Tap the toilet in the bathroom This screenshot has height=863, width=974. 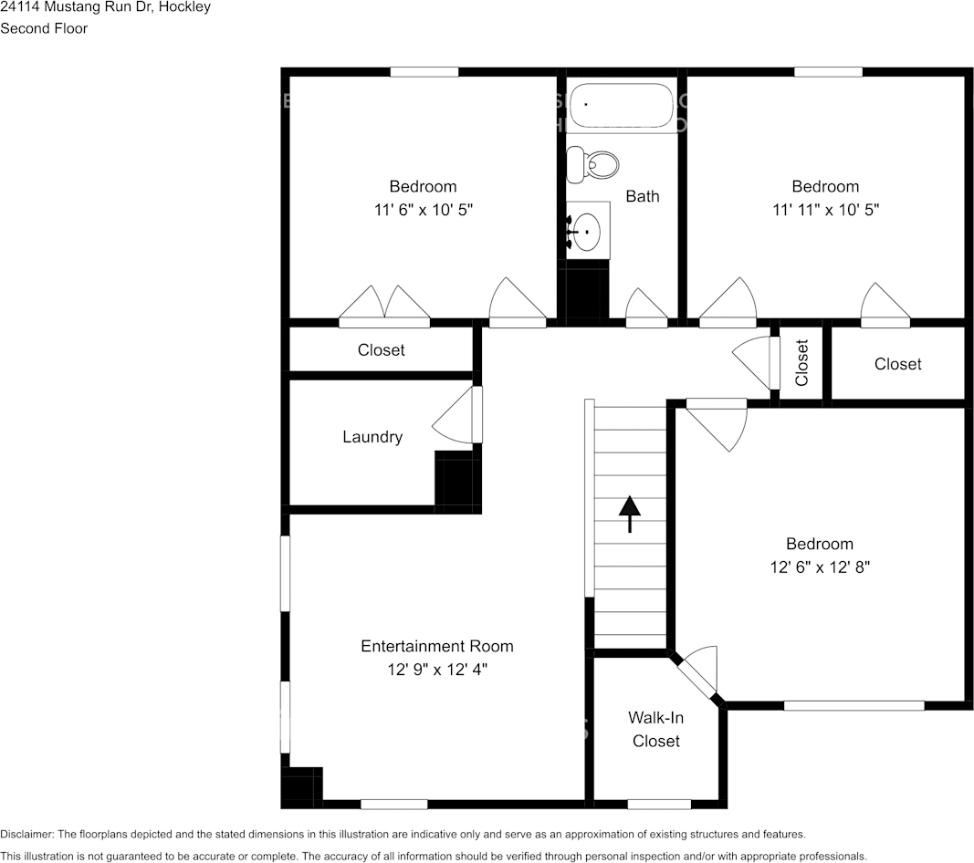coord(592,165)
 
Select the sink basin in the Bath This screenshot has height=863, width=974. coord(586,232)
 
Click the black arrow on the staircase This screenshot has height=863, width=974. coord(630,515)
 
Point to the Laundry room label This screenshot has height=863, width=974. coord(372,437)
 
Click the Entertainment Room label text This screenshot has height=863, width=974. coord(437,646)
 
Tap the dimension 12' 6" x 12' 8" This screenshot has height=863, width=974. coord(820,567)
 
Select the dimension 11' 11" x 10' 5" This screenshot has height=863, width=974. coord(825,210)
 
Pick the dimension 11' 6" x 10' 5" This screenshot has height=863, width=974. coord(423,210)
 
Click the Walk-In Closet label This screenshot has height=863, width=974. coord(656,730)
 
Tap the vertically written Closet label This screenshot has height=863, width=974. coord(801,362)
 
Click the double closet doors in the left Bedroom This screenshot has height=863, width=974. coord(384,306)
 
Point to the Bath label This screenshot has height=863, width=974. coord(643,196)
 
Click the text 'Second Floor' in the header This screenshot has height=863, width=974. coord(44,28)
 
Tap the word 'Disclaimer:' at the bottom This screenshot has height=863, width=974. coord(27,835)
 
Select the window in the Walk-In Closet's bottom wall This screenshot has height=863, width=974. coord(659,805)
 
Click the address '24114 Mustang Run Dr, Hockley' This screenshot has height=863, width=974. coord(106,6)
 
